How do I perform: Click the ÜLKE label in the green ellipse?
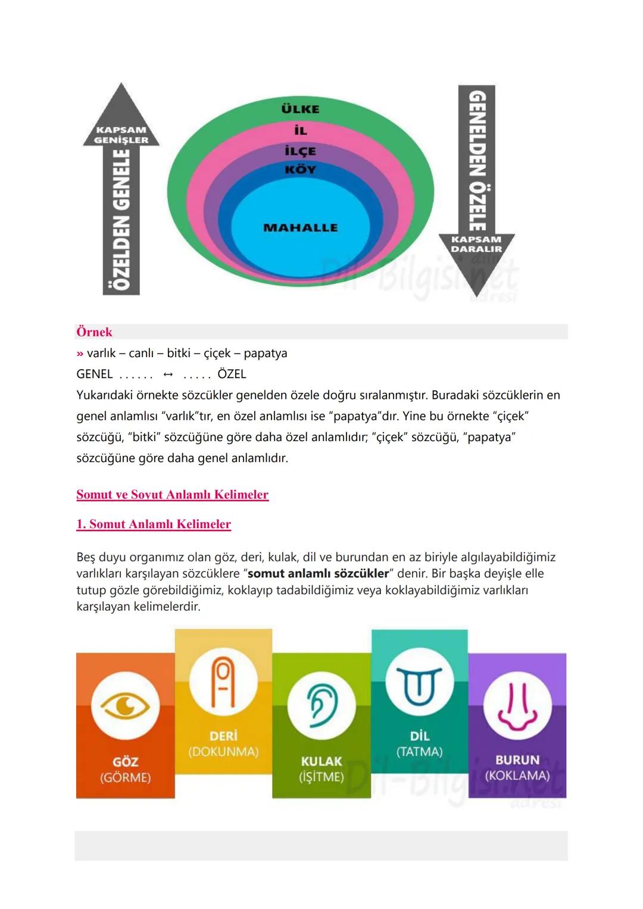click(x=300, y=110)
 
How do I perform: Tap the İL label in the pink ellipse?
click(x=301, y=131)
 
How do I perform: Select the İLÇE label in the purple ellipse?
click(x=301, y=151)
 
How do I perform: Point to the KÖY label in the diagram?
click(x=301, y=170)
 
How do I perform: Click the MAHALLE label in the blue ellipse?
click(x=300, y=227)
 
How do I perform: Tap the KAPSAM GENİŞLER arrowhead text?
click(x=121, y=135)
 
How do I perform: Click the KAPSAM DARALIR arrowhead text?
click(x=476, y=244)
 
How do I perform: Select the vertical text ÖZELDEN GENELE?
click(x=122, y=220)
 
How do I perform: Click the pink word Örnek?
click(x=94, y=332)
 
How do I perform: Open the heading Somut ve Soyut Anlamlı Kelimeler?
click(x=173, y=495)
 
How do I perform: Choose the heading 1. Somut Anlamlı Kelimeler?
click(x=154, y=524)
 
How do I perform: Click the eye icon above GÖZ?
click(x=126, y=706)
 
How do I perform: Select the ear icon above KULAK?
click(x=321, y=705)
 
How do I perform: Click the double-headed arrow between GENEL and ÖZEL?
click(x=168, y=374)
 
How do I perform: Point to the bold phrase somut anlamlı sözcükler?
click(x=318, y=574)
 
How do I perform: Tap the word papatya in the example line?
click(x=266, y=353)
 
